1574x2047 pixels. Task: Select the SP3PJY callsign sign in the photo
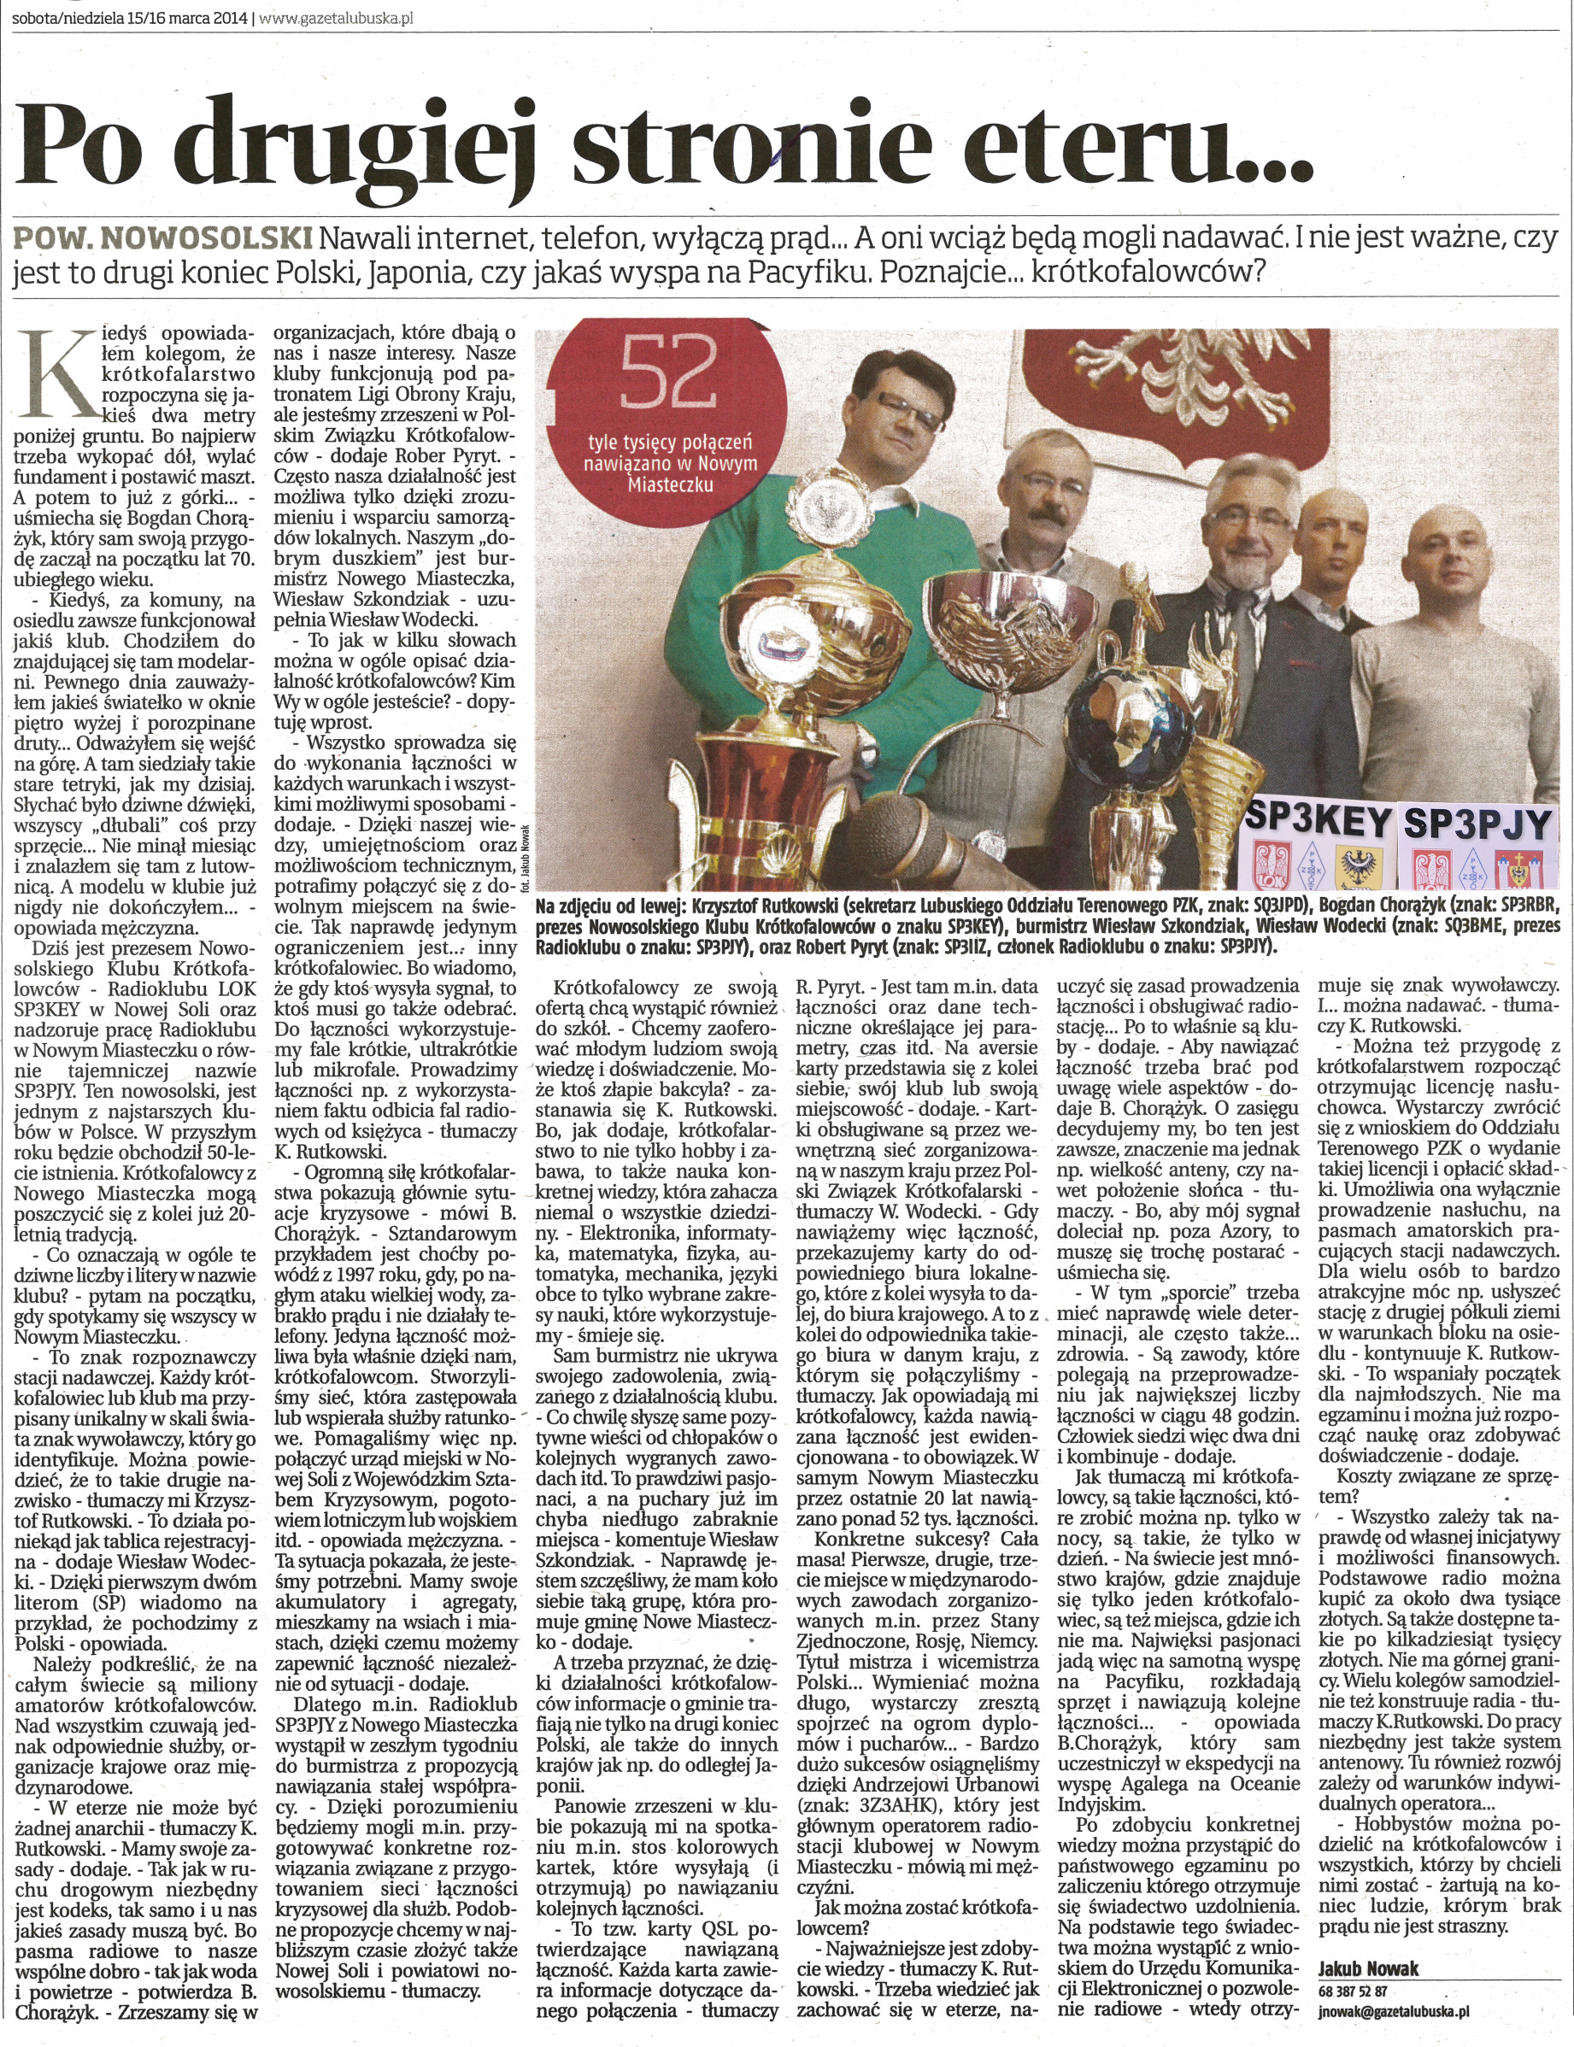coord(1478,824)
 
